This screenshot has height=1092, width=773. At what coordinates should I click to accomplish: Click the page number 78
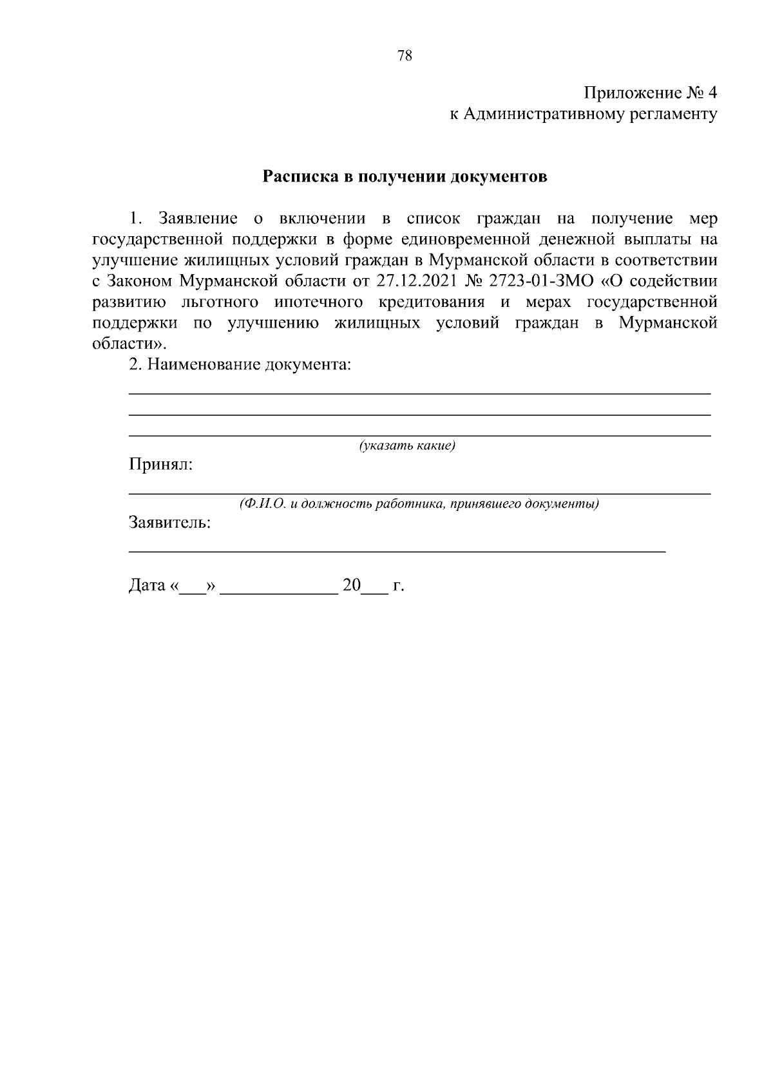pyautogui.click(x=405, y=55)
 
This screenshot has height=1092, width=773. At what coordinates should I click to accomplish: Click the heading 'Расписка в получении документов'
pyautogui.click(x=405, y=177)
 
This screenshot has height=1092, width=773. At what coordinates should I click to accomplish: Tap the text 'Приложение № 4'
pyautogui.click(x=650, y=93)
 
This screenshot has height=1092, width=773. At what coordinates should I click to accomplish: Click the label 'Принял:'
pyautogui.click(x=160, y=465)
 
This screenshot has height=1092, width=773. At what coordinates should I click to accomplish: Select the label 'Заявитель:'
pyautogui.click(x=170, y=523)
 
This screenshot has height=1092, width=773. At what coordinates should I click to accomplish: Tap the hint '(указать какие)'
pyautogui.click(x=407, y=446)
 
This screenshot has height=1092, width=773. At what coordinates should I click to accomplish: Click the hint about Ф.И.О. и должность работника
pyautogui.click(x=419, y=504)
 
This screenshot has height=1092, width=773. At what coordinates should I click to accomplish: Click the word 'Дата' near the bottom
pyautogui.click(x=148, y=586)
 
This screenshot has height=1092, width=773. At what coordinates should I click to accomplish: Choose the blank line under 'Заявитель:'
pyautogui.click(x=397, y=551)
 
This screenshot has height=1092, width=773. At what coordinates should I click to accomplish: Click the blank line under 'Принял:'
pyautogui.click(x=419, y=493)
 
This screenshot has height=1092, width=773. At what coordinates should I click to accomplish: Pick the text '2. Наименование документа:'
pyautogui.click(x=240, y=365)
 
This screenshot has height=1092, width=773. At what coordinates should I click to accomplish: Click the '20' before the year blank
pyautogui.click(x=352, y=586)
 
